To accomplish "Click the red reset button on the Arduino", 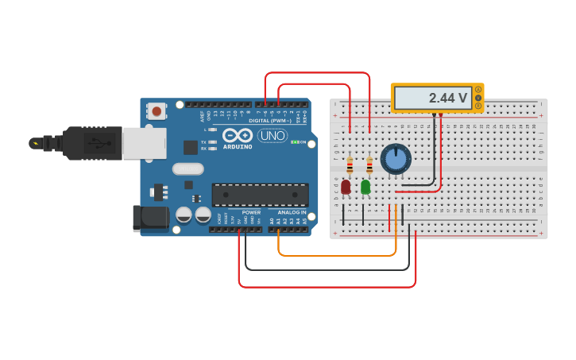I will pos(157,111).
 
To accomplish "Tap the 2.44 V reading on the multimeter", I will pos(447,98).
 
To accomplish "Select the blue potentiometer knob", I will pos(395,158).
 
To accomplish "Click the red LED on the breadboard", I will pos(346,188).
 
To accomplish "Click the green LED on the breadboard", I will pos(365,188).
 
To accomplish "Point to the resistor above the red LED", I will pos(350,165).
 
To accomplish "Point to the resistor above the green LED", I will pos(369,165).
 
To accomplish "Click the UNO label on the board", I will pos(273,136).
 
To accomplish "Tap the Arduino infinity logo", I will pos(237,135).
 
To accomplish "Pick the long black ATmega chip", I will pos(260,195).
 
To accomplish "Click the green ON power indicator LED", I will pos(294,142).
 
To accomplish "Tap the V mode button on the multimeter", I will pos(478,98).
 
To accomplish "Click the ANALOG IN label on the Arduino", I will pos(292,213).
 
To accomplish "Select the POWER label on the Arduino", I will pos(251,213).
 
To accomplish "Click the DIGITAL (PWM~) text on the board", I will pos(269,121).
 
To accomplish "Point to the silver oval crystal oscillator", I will pos(188,168).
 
